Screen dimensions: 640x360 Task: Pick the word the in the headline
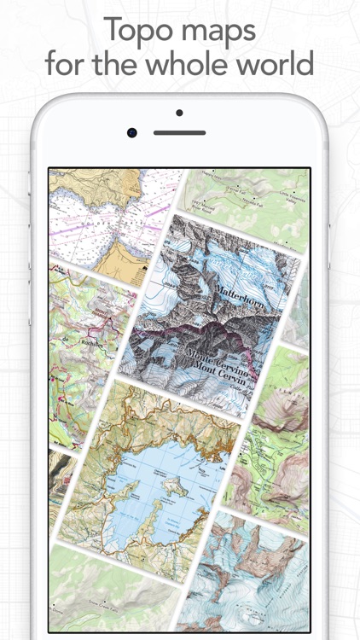pyautogui.click(x=124, y=63)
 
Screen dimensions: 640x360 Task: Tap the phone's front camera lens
pyautogui.click(x=132, y=132)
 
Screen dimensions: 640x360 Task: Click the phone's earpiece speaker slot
pyautogui.click(x=179, y=132)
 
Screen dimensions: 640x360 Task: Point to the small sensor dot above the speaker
pyautogui.click(x=179, y=113)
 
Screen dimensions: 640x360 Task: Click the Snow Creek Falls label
pyautogui.click(x=95, y=613)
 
